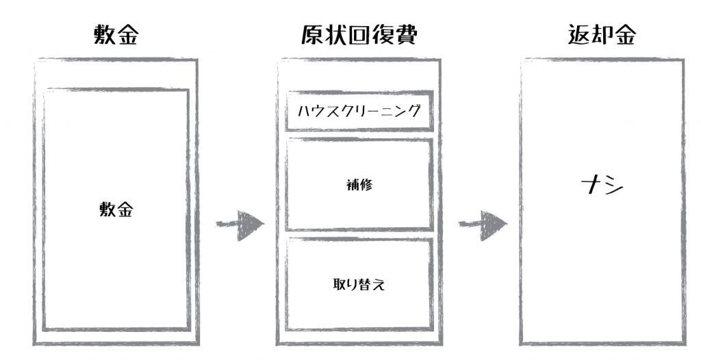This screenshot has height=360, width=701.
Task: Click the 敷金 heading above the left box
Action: point(117,36)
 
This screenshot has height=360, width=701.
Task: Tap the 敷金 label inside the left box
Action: point(116,210)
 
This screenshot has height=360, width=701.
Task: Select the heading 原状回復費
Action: point(359,36)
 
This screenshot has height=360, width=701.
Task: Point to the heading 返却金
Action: point(602,36)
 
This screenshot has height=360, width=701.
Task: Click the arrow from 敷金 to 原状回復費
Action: point(240,224)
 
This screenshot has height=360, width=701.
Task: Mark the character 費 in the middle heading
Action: point(406,36)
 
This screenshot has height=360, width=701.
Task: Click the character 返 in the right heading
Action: point(579,36)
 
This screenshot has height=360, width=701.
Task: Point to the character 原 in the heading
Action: point(313,36)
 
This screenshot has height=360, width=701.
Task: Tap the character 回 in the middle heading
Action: point(359,36)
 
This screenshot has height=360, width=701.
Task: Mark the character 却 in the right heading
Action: point(602,36)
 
